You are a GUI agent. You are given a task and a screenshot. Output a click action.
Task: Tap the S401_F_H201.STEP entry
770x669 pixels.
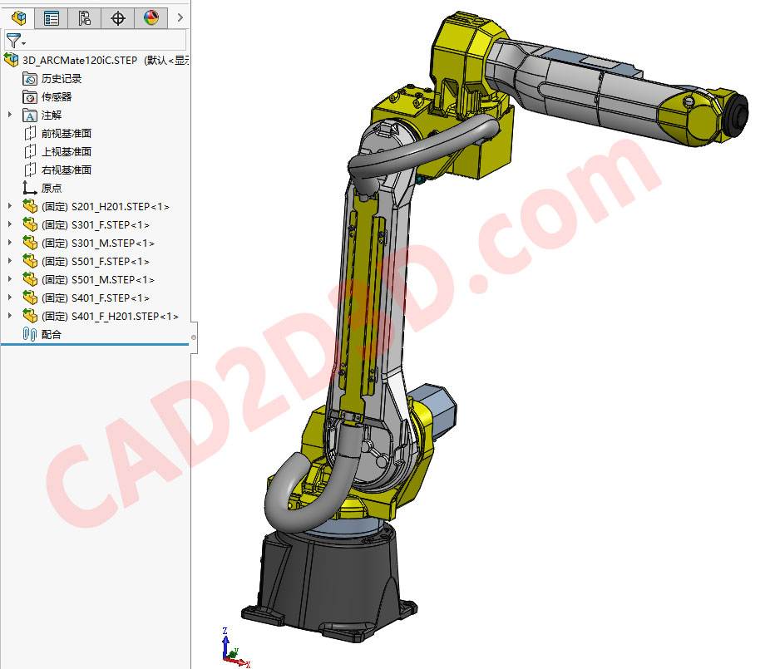(110, 317)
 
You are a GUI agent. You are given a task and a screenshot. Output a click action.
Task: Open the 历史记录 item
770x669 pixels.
(62, 79)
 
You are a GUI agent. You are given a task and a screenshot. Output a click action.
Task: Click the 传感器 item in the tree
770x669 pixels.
(57, 97)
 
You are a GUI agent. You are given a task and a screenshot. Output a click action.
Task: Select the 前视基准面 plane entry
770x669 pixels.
(66, 134)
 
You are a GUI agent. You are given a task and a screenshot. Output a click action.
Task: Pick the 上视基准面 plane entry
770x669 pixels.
(66, 152)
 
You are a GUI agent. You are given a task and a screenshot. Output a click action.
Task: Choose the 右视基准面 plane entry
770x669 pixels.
(66, 170)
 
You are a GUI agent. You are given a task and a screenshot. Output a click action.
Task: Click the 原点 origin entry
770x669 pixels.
(52, 189)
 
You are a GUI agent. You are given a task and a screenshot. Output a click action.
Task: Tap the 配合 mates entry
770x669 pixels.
(52, 335)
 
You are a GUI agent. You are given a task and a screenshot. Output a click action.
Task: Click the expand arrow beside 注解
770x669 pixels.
(9, 116)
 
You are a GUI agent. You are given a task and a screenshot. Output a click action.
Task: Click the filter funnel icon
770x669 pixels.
(12, 40)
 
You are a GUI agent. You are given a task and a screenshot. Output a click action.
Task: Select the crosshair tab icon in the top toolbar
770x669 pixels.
(117, 17)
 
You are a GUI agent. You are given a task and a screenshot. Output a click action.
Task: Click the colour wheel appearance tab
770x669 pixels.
(151, 17)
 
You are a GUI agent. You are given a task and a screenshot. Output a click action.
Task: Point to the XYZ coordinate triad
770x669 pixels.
(230, 648)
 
